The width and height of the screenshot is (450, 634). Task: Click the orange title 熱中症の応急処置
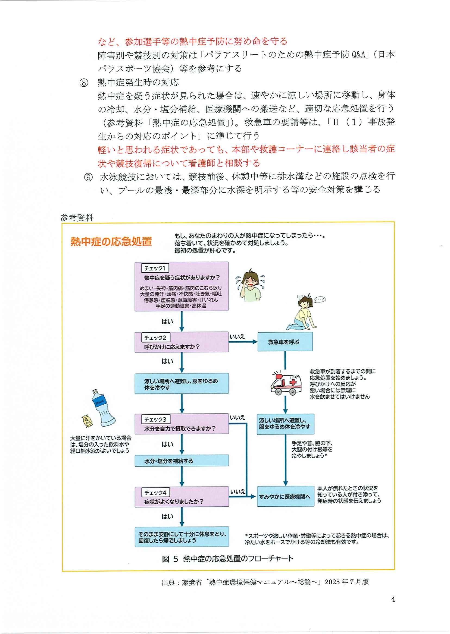111,241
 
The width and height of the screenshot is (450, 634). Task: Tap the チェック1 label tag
155,268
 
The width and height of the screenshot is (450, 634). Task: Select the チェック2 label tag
155,337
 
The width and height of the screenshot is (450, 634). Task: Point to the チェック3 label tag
155,419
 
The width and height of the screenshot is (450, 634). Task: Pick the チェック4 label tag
155,493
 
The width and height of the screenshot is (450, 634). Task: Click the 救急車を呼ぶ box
285,342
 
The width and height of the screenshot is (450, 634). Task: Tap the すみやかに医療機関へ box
285,497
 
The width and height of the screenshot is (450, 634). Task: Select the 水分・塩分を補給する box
182,461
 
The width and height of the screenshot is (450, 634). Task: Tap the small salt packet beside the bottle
87,421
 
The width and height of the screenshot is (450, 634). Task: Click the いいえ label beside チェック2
237,337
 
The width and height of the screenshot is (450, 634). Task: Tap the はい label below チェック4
167,516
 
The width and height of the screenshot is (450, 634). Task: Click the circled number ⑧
84,83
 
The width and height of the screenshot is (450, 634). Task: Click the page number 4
393,599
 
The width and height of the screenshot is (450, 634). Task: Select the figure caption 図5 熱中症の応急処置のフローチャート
227,559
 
